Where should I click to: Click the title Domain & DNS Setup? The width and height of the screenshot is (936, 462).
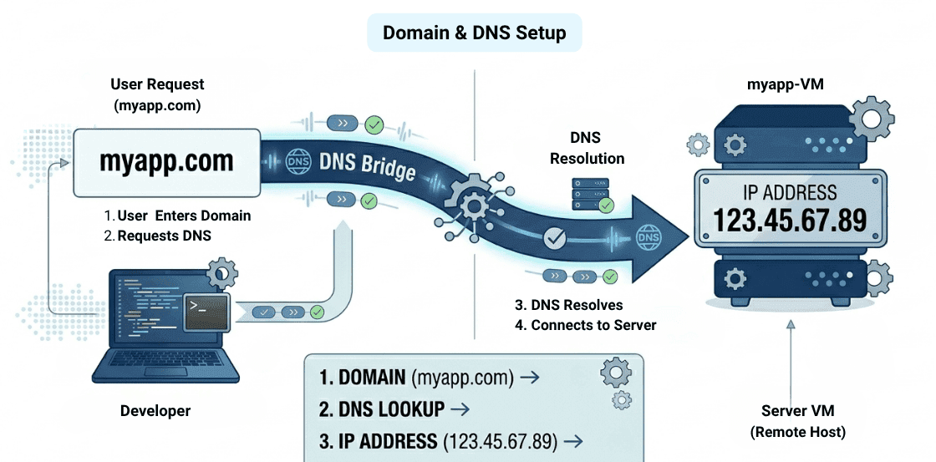(x=474, y=33)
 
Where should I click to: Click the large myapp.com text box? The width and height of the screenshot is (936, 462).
(x=166, y=161)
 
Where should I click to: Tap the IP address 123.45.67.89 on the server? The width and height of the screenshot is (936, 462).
(x=789, y=219)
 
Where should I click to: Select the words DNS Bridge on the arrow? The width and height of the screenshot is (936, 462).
(x=368, y=164)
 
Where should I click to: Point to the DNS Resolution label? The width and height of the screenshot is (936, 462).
(x=587, y=148)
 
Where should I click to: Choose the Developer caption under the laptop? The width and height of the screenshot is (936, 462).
(x=155, y=410)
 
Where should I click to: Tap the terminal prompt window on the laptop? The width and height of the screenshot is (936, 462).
(x=206, y=314)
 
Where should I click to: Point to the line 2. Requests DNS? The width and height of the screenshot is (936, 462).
(x=158, y=236)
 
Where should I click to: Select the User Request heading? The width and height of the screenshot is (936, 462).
(x=157, y=84)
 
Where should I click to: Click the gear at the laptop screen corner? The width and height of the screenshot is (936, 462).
(x=221, y=272)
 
